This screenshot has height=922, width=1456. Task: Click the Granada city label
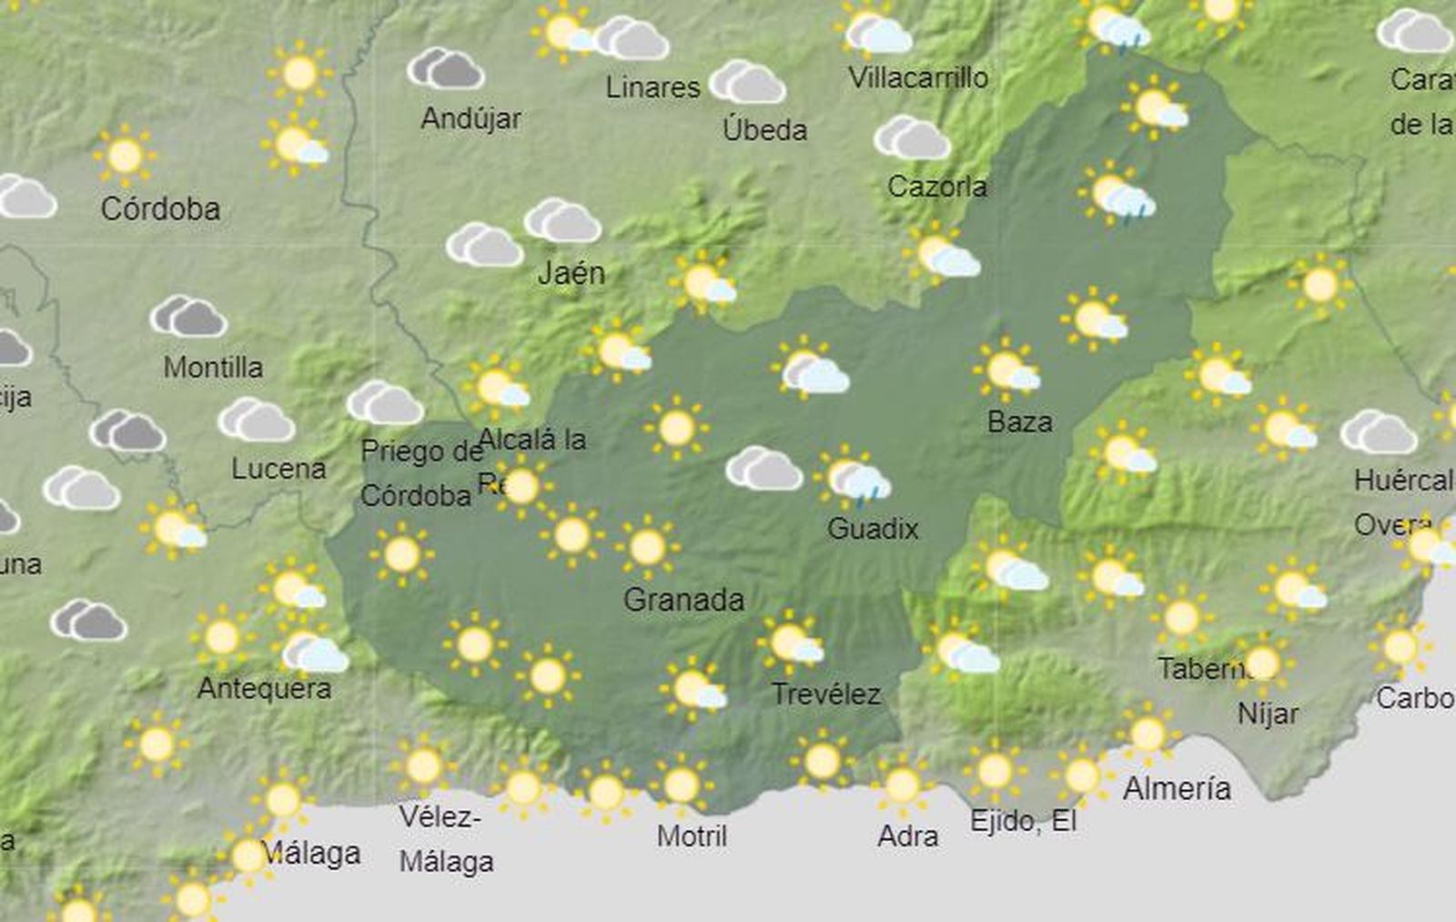pyautogui.click(x=683, y=600)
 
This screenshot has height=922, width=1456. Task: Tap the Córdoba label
pyautogui.click(x=160, y=209)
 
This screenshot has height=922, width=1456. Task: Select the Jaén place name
pyautogui.click(x=571, y=273)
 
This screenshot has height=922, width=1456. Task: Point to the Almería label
pyautogui.click(x=1177, y=788)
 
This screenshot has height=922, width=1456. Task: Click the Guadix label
pyautogui.click(x=873, y=529)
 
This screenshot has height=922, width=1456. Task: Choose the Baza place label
pyautogui.click(x=1020, y=422)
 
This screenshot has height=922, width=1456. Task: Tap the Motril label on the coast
pyautogui.click(x=692, y=836)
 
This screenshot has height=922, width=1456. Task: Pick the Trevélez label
pyautogui.click(x=826, y=695)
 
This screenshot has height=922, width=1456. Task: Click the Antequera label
pyautogui.click(x=264, y=688)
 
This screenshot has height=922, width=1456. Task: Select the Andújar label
pyautogui.click(x=470, y=118)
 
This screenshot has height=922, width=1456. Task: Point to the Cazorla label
pyautogui.click(x=936, y=187)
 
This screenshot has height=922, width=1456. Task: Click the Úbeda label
pyautogui.click(x=764, y=130)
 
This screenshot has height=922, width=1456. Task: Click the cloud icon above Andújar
pyautogui.click(x=445, y=69)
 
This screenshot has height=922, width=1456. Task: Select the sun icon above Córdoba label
pyautogui.click(x=125, y=156)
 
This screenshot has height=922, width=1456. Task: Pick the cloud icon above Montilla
pyautogui.click(x=188, y=317)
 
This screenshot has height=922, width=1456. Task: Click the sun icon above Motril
pyautogui.click(x=681, y=785)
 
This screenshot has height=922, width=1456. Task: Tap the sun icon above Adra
pyautogui.click(x=902, y=785)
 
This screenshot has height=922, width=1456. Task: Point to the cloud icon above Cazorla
pyautogui.click(x=912, y=137)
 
